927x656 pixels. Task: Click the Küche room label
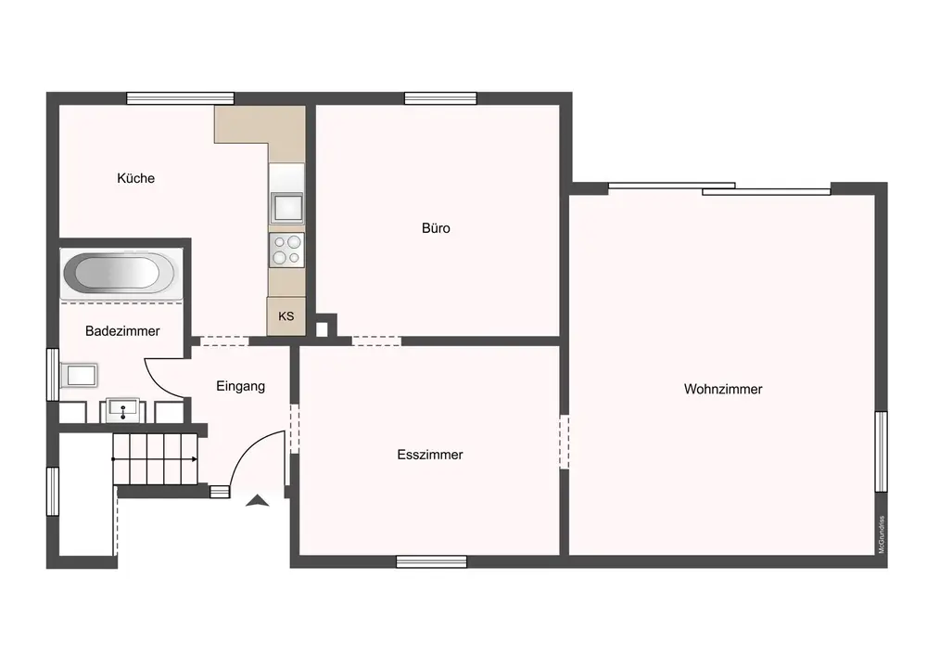[136, 178]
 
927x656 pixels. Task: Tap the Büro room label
[436, 227]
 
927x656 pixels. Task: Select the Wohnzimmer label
[723, 389]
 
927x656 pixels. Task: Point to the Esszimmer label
[430, 455]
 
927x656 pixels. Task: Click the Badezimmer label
[122, 330]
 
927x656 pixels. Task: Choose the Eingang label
[241, 386]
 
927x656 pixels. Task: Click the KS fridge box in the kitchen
[286, 315]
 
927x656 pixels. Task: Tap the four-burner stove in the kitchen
[286, 250]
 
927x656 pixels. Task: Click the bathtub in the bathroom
[120, 274]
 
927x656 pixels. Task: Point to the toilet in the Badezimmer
[79, 375]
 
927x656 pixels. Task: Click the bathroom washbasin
[123, 409]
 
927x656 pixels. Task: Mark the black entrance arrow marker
[257, 500]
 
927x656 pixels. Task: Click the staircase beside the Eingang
[155, 459]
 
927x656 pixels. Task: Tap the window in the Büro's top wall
[440, 98]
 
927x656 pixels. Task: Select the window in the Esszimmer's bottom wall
[432, 561]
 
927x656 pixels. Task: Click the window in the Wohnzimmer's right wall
[881, 451]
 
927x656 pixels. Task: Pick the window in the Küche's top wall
[181, 98]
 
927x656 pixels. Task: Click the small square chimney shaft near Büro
[322, 328]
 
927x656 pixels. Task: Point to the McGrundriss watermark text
[882, 534]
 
